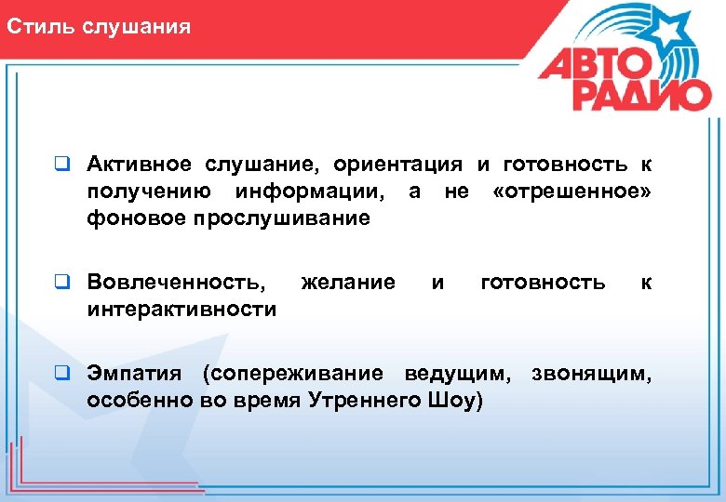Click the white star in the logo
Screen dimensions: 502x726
tap(668, 29)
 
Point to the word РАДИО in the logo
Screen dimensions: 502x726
tap(641, 94)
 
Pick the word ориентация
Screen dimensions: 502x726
tap(397, 165)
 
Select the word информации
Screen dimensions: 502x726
tap(309, 192)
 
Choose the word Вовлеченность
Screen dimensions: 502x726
tap(175, 282)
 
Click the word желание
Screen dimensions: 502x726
tap(348, 282)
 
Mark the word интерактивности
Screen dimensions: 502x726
tap(181, 309)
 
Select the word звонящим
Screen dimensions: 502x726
tap(592, 373)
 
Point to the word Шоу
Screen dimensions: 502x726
tap(455, 400)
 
